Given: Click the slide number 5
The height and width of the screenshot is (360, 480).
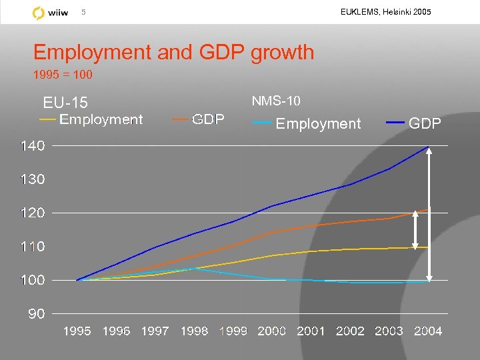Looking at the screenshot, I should pyautogui.click(x=83, y=12).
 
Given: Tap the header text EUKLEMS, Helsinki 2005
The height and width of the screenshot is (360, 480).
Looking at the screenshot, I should pyautogui.click(x=385, y=12).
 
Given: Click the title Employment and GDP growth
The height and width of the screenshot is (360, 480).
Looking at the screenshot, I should pyautogui.click(x=173, y=52).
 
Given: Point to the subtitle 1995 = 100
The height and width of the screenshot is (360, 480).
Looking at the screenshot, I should pyautogui.click(x=63, y=75).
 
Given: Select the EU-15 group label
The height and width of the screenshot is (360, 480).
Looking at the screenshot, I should pyautogui.click(x=65, y=103).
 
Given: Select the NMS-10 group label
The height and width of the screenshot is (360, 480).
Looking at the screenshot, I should pyautogui.click(x=276, y=101).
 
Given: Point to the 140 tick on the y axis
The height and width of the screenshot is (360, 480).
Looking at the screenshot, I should pyautogui.click(x=32, y=146).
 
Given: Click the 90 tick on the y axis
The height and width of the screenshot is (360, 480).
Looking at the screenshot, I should pyautogui.click(x=36, y=314).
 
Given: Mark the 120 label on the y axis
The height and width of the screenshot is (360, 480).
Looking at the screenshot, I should pyautogui.click(x=32, y=213).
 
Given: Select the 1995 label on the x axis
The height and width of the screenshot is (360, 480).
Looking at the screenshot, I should pyautogui.click(x=77, y=331).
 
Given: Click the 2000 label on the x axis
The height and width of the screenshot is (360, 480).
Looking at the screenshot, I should pyautogui.click(x=271, y=331).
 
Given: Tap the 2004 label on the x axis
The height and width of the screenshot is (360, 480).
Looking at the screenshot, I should pyautogui.click(x=427, y=331).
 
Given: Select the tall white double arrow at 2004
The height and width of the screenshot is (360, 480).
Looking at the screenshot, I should pyautogui.click(x=430, y=213).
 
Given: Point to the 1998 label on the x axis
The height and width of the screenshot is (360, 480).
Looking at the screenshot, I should pyautogui.click(x=193, y=331).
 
